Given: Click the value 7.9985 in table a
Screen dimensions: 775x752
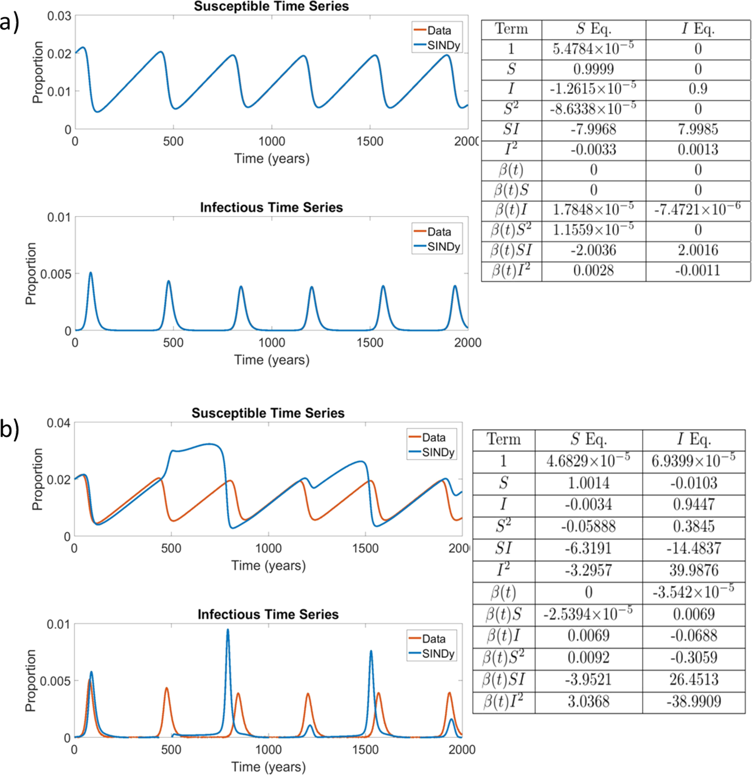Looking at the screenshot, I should pyautogui.click(x=698, y=129).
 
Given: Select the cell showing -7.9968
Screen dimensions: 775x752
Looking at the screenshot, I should pyautogui.click(x=593, y=129).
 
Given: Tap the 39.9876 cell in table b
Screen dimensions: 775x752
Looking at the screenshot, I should pyautogui.click(x=694, y=570).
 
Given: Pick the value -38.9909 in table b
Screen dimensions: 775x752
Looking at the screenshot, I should pyautogui.click(x=694, y=702).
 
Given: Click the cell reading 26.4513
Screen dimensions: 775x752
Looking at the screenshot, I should pyautogui.click(x=694, y=680).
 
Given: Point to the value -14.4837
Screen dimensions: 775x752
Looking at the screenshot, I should pyautogui.click(x=694, y=548).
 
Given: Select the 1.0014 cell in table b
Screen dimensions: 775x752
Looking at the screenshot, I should pyautogui.click(x=588, y=483).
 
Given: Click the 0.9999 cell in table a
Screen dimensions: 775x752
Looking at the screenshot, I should pyautogui.click(x=593, y=69).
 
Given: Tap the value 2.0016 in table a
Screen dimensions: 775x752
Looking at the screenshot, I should pyautogui.click(x=698, y=250).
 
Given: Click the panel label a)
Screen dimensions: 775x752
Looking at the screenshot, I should pyautogui.click(x=9, y=22).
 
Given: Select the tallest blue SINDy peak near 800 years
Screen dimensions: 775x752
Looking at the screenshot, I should pyautogui.click(x=227, y=631).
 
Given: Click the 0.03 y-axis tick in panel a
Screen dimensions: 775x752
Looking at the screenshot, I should pyautogui.click(x=59, y=16).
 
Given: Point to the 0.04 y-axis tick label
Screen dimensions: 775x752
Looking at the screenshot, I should pyautogui.click(x=58, y=423).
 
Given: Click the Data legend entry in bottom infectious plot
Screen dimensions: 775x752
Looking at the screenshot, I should pyautogui.click(x=433, y=639).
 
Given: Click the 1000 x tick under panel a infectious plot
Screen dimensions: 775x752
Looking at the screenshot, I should pyautogui.click(x=272, y=343).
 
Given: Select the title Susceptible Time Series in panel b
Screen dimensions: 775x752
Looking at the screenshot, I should pyautogui.click(x=268, y=413).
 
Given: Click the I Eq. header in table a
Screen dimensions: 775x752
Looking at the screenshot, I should pyautogui.click(x=698, y=29).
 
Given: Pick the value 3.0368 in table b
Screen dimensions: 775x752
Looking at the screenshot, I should pyautogui.click(x=588, y=702).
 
